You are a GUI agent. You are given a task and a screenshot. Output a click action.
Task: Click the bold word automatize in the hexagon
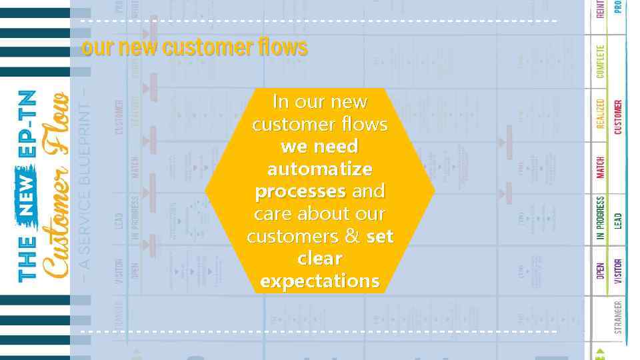click(x=319, y=169)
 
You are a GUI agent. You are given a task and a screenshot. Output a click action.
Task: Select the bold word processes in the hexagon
click(x=300, y=191)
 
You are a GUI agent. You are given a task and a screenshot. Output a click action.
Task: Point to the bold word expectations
click(x=319, y=281)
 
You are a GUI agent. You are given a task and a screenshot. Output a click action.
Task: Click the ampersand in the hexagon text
click(x=353, y=237)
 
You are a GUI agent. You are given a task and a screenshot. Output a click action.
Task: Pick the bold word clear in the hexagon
click(x=319, y=259)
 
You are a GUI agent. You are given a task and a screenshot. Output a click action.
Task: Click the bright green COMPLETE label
click(x=601, y=61)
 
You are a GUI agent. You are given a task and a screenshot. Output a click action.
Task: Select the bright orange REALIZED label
click(x=601, y=115)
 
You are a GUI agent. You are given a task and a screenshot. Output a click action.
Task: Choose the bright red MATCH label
click(x=601, y=167)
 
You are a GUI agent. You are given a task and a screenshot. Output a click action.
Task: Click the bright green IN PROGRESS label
click(x=601, y=218)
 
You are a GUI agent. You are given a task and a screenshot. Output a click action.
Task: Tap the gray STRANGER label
click(x=618, y=317)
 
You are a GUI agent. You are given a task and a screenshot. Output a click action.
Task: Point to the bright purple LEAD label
click(x=618, y=219)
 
